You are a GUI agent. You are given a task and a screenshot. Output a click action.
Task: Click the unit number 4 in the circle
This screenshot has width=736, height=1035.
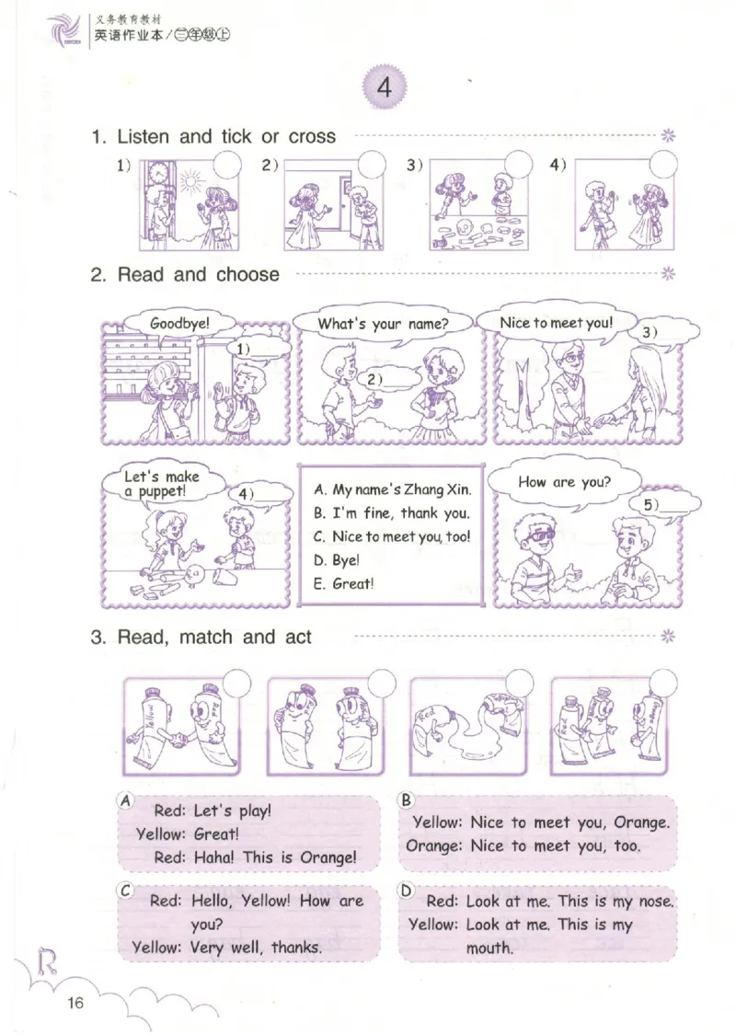pos(385,87)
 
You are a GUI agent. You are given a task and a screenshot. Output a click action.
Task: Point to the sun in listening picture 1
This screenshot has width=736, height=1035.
pos(192,180)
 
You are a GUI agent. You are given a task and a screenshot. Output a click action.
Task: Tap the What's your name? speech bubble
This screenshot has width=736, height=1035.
pos(383,324)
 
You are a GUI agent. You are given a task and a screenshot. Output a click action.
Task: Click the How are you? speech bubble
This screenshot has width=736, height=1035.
pos(564,483)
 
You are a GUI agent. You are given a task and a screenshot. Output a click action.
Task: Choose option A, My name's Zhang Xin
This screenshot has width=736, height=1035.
pos(392,489)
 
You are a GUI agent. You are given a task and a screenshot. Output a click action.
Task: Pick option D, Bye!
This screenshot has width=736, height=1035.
pos(337,560)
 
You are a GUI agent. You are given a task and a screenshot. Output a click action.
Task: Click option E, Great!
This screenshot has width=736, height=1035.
pos(344,583)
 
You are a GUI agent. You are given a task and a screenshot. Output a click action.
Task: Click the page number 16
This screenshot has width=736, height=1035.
pos(75,1003)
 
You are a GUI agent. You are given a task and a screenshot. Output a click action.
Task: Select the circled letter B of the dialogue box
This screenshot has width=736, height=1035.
pos(406,800)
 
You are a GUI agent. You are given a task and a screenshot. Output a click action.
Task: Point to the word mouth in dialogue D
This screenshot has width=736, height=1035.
pos(489,948)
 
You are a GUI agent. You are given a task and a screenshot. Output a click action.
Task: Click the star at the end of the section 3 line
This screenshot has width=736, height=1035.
pos(668,637)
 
